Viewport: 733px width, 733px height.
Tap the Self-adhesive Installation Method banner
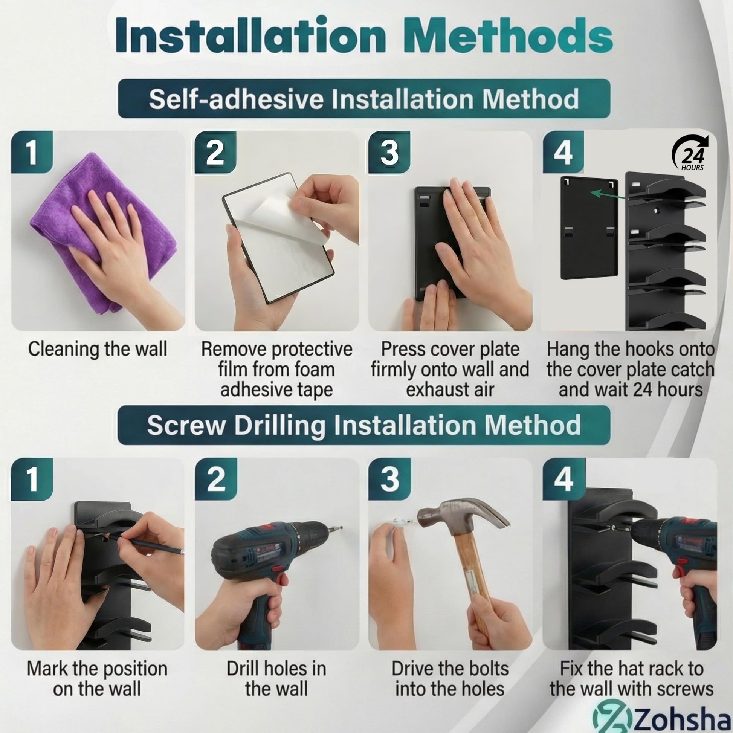point(364,99)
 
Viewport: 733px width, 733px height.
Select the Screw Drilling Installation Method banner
point(364,425)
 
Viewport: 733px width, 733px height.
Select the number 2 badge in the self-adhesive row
point(215,152)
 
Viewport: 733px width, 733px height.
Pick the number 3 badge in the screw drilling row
point(389,479)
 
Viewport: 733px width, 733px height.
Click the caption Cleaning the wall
point(98,349)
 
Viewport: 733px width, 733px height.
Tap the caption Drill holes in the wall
point(276,678)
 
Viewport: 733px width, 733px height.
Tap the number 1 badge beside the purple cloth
point(32,152)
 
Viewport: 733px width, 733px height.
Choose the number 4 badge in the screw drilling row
point(563,479)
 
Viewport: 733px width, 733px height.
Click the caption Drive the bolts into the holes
point(450,678)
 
